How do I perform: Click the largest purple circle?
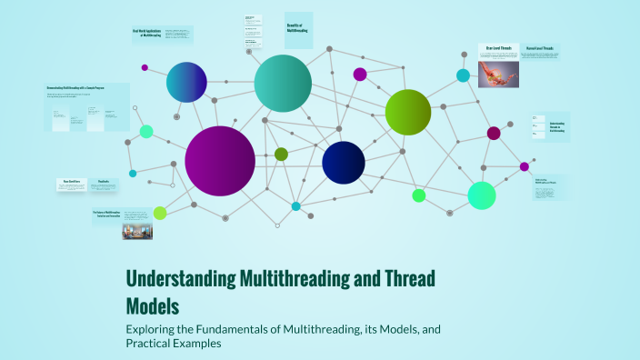(x=220, y=161)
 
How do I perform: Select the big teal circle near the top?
(x=283, y=83)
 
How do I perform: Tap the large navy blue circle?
(x=344, y=163)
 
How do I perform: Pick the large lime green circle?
(x=407, y=112)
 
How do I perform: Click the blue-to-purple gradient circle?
(x=186, y=82)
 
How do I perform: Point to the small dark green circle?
(x=281, y=155)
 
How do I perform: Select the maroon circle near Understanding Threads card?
(x=494, y=134)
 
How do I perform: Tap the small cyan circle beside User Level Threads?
(x=463, y=75)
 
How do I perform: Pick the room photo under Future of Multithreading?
(x=137, y=231)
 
